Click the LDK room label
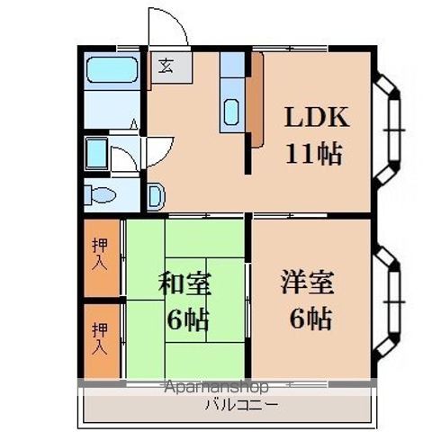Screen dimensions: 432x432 click(315, 120)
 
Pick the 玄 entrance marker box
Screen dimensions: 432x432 click(166, 66)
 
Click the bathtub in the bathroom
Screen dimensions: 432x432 click(111, 70)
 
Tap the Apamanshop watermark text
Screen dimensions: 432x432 click(216, 388)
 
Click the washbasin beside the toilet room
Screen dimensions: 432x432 click(155, 195)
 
